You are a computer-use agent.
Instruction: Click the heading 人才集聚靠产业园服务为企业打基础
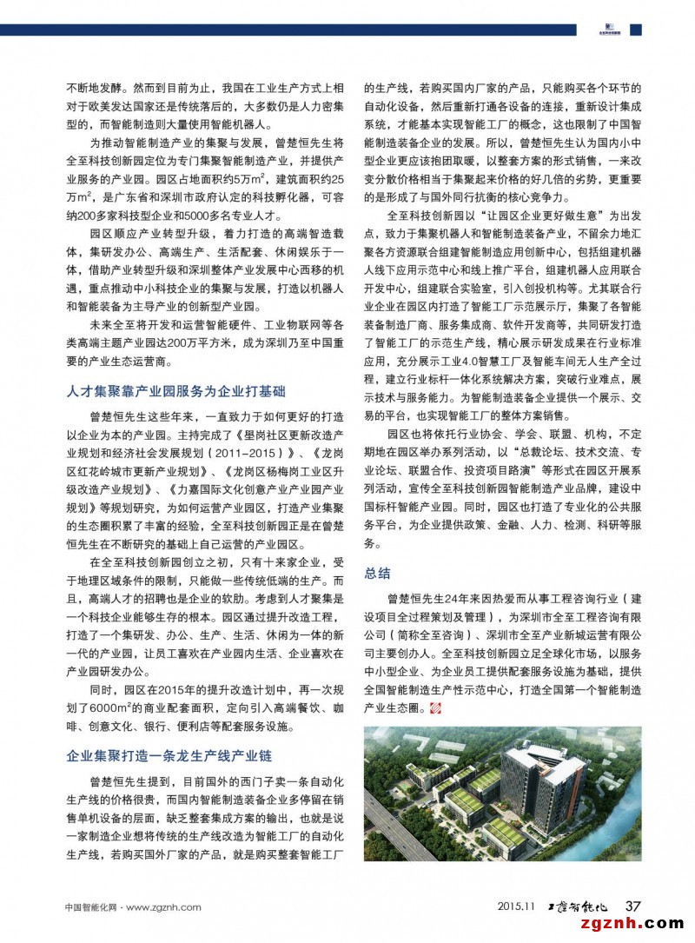[x=175, y=392]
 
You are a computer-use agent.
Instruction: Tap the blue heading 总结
[x=377, y=573]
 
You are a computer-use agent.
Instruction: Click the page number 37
[x=633, y=906]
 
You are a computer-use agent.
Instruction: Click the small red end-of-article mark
[x=436, y=710]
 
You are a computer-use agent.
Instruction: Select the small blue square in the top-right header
[x=636, y=30]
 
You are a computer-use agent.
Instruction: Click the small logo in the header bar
[x=609, y=30]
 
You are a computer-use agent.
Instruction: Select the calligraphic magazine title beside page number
[x=585, y=906]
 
